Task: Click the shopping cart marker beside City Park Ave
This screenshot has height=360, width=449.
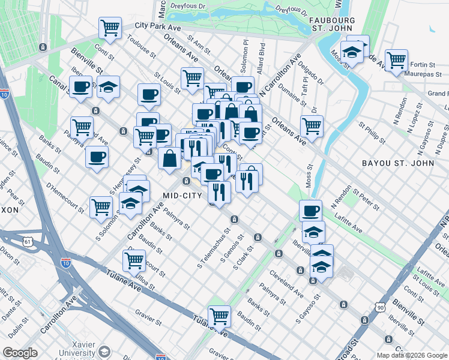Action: click(x=110, y=27)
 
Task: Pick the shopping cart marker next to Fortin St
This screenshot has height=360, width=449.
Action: click(x=396, y=60)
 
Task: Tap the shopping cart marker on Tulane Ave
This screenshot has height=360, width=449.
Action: click(x=220, y=316)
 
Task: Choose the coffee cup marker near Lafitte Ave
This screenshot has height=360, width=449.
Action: click(x=311, y=211)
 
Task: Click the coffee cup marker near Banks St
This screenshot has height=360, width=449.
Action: click(x=96, y=157)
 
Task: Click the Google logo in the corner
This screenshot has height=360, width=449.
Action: click(x=20, y=352)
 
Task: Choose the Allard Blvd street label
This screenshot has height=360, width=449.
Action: click(x=261, y=55)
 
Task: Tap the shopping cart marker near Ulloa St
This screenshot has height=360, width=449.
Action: click(x=134, y=260)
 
